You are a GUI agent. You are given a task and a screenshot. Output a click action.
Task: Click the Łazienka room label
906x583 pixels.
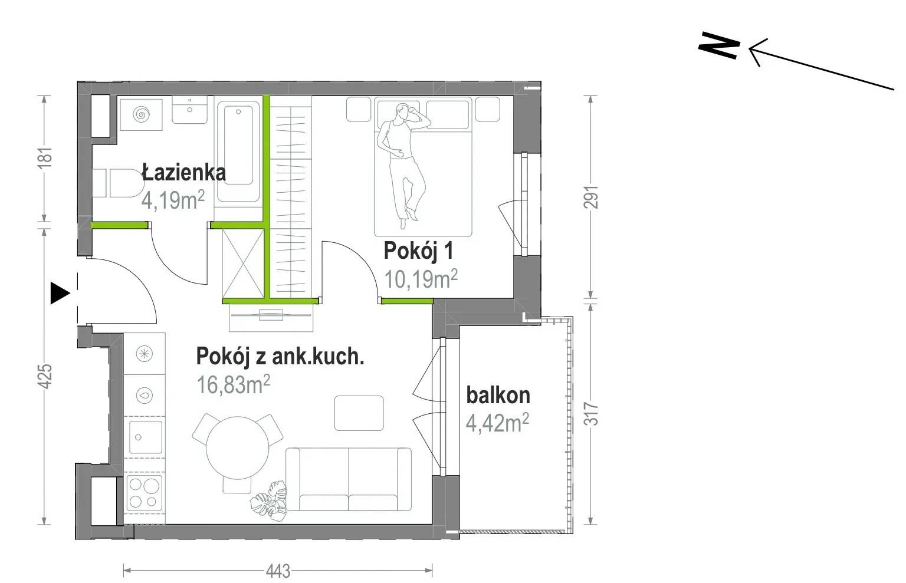coord(183,173)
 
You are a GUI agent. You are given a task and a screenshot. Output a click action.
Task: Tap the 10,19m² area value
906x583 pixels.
coord(421,279)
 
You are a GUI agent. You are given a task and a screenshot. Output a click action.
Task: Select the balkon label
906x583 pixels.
coord(498,395)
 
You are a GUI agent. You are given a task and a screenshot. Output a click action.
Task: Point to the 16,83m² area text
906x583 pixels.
coord(233,384)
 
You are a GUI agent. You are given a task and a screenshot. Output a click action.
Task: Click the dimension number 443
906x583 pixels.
coord(278,571)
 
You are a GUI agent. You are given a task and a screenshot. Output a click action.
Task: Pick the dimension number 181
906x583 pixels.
coord(46,157)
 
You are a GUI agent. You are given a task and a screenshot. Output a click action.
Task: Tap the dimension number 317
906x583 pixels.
coord(592,414)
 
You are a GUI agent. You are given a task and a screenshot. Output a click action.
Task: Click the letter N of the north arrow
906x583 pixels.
coord(719,45)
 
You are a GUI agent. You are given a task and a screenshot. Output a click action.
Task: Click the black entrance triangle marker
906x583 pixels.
coord(60,293)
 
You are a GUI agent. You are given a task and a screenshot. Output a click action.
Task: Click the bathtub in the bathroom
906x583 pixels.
coord(239,151)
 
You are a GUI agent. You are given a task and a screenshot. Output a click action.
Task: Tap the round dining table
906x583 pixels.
coord(238,448)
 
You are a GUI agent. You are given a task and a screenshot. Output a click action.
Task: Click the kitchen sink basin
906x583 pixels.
coord(146,437)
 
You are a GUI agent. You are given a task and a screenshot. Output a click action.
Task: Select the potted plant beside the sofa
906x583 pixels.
coord(268,501)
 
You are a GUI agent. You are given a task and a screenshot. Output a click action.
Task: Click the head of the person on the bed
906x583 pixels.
coord(402,110)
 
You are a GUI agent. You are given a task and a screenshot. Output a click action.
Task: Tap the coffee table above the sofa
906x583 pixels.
coord(359,413)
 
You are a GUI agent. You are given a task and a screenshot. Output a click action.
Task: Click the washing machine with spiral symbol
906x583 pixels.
coord(141,114)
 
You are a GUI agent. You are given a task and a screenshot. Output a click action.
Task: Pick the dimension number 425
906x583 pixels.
coord(46,377)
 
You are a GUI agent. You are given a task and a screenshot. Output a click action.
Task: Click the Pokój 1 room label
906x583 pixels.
coord(418,251)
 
